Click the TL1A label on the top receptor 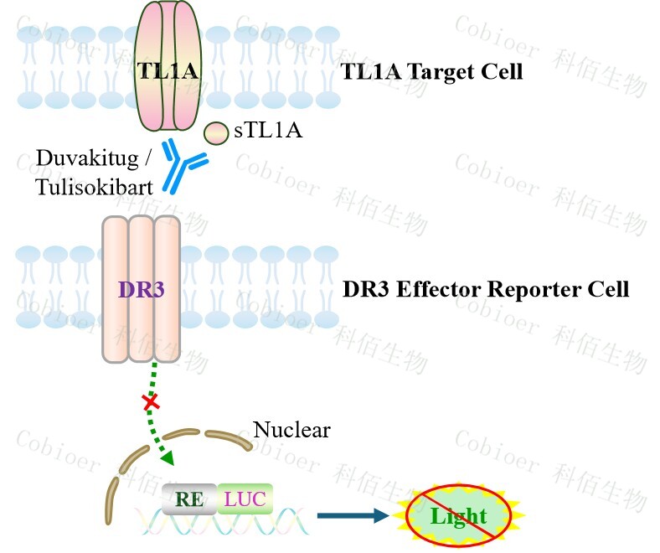[168, 71]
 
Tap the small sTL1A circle [216, 132]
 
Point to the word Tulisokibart [95, 187]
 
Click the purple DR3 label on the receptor [141, 290]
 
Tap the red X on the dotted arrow [151, 403]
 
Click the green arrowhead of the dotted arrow [168, 458]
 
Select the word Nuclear [291, 431]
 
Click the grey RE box [189, 499]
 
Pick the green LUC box [245, 499]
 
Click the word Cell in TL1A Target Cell [503, 71]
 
